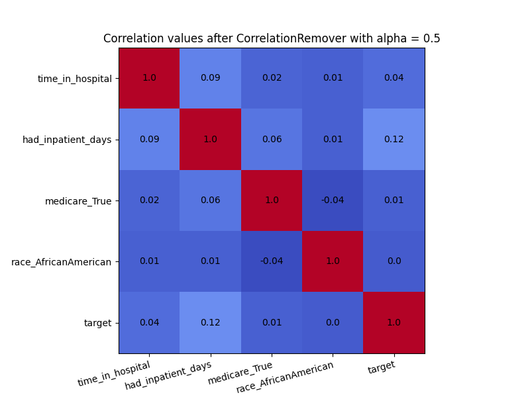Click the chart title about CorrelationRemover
pyautogui.click(x=272, y=38)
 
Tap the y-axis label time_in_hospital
pyautogui.click(x=74, y=79)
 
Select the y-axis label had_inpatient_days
pyautogui.click(x=67, y=140)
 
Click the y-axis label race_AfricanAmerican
pyautogui.click(x=61, y=262)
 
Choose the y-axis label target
pyautogui.click(x=97, y=324)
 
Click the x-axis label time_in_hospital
pyautogui.click(x=114, y=373)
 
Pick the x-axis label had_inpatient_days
pyautogui.click(x=168, y=375)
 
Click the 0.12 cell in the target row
pyautogui.click(x=211, y=323)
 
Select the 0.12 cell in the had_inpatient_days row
pyautogui.click(x=394, y=140)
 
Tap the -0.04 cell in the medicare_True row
pyautogui.click(x=333, y=200)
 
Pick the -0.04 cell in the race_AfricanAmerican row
pyautogui.click(x=272, y=261)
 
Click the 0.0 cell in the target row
pyautogui.click(x=333, y=323)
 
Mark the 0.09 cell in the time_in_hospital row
pyautogui.click(x=211, y=78)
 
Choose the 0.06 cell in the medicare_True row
pyautogui.click(x=211, y=200)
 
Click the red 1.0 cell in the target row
pyautogui.click(x=394, y=323)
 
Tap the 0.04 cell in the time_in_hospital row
pyautogui.click(x=394, y=78)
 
